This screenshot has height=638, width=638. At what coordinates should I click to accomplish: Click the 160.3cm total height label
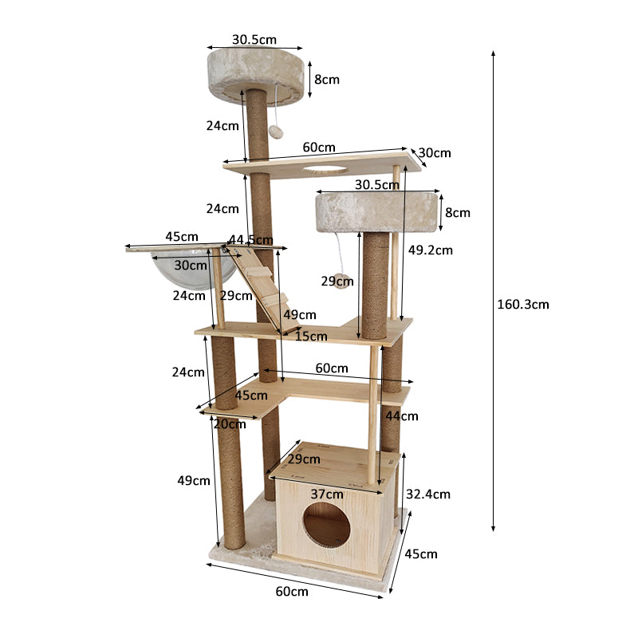[522, 304]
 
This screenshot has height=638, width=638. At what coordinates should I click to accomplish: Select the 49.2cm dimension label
[430, 250]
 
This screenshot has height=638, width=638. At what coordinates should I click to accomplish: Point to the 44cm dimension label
[402, 415]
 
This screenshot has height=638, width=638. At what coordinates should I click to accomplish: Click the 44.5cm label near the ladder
[250, 240]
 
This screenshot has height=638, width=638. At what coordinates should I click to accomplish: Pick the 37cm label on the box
[327, 494]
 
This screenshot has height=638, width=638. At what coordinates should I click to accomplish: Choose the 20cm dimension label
[230, 424]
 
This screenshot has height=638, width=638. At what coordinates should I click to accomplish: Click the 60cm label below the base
[293, 591]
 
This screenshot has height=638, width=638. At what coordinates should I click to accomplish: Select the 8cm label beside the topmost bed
[326, 80]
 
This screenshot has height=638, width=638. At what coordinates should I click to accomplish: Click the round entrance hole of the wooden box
[326, 526]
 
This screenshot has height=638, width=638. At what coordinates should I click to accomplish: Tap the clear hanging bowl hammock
[199, 271]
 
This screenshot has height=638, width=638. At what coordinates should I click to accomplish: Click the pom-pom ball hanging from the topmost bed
[276, 132]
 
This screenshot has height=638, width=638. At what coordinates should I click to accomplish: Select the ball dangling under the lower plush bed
[343, 281]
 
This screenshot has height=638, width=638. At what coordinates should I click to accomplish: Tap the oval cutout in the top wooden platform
[325, 169]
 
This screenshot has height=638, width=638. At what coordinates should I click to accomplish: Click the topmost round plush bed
[255, 73]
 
